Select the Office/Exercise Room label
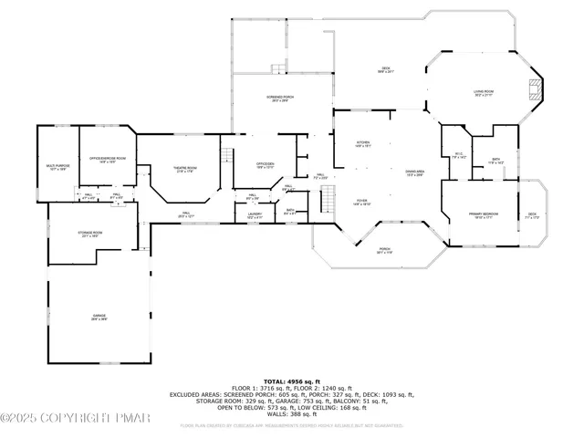pyautogui.click(x=108, y=159)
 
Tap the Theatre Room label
pyautogui.click(x=185, y=169)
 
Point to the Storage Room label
pyautogui.click(x=90, y=235)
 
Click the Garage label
pyautogui.click(x=99, y=318)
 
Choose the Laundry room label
pyautogui.click(x=255, y=216)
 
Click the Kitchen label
pyautogui.click(x=363, y=144)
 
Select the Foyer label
pyautogui.click(x=362, y=203)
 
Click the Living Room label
pyautogui.click(x=484, y=93)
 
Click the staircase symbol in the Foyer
pyautogui.click(x=325, y=198)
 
